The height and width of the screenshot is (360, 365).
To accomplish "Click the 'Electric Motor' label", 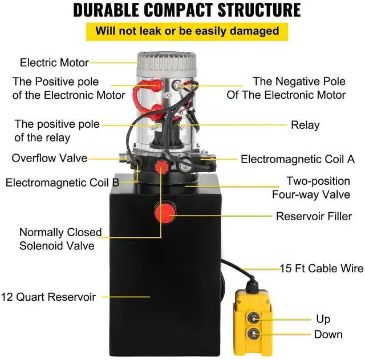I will click(54, 62).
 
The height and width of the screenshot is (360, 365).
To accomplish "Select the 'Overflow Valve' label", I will click(50, 157).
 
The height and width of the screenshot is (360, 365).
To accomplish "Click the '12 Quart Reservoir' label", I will click(48, 297).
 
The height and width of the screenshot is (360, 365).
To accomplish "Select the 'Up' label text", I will click(323, 319).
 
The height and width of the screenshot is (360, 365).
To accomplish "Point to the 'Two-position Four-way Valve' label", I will click(318, 188).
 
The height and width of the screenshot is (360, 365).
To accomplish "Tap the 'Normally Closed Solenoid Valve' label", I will click(60, 240).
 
